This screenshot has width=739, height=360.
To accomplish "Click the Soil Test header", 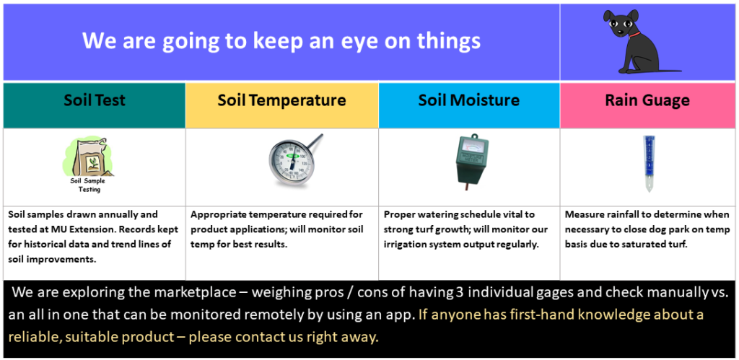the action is tap(95, 100).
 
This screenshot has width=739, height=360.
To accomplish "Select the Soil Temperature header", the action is tap(281, 100).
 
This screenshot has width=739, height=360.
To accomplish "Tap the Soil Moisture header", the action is tap(469, 100).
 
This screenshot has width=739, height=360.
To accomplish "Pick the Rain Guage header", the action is tap(647, 100).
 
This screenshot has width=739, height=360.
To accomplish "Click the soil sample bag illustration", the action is tap(88, 157).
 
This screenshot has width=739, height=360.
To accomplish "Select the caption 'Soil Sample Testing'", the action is tap(88, 185).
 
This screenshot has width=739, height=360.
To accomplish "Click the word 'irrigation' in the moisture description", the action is tap(402, 245).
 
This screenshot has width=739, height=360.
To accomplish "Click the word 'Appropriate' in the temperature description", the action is tap(214, 215).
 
